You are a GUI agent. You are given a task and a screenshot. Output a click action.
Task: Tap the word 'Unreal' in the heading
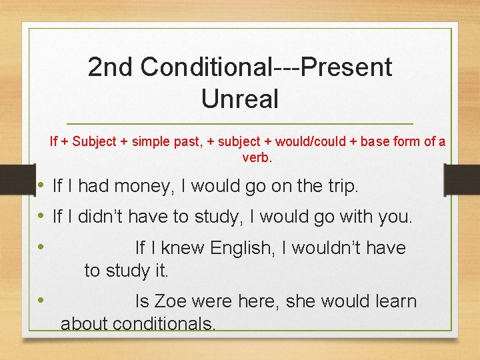239,99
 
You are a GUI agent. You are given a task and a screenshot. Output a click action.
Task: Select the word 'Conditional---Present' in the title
266,67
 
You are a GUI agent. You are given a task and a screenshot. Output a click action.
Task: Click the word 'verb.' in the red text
257,158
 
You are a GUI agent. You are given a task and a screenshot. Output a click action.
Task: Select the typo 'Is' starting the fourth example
142,301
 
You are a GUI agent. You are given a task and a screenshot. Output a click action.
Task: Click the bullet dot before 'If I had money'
41,185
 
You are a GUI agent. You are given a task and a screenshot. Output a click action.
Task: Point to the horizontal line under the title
240,125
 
